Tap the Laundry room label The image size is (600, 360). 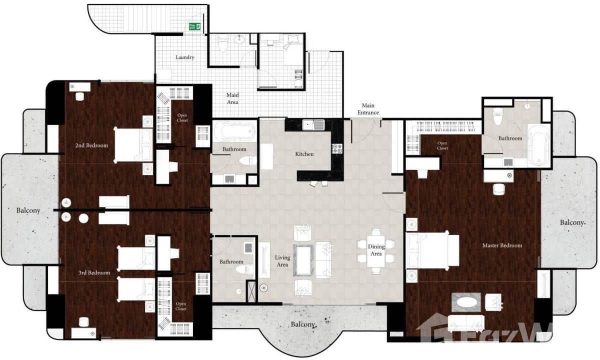(184, 57)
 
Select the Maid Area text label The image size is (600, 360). (232, 98)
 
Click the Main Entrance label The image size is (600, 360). (368, 108)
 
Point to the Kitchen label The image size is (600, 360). (304, 154)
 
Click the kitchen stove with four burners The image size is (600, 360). (337, 148)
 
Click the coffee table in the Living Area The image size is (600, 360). (304, 259)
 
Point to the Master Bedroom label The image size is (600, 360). (502, 245)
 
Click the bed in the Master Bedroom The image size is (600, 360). (432, 250)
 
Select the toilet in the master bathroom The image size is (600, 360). (497, 116)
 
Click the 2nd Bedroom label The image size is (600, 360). (91, 145)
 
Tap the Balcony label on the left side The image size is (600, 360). (27, 210)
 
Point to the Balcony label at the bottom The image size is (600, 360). (303, 324)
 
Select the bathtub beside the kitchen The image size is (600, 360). (234, 131)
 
